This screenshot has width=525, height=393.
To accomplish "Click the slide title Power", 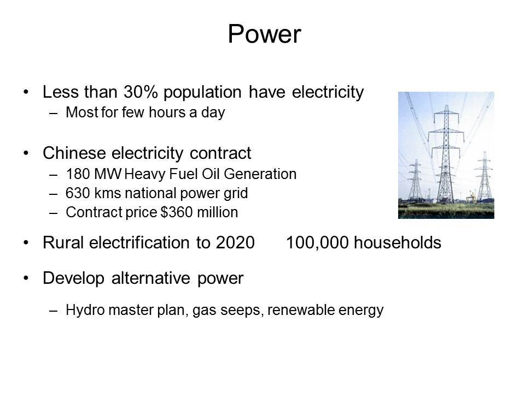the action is (x=265, y=34).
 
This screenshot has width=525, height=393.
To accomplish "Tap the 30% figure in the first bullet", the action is (x=141, y=92).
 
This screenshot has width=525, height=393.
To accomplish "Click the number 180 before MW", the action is (x=78, y=174).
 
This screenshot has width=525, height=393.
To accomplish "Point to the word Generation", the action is (x=260, y=174).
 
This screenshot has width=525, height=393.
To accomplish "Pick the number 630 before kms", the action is (x=78, y=193).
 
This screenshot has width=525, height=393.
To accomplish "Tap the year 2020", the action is (x=235, y=242).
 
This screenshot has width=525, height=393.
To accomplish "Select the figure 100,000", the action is (x=317, y=242).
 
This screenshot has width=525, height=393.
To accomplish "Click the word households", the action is (x=398, y=242).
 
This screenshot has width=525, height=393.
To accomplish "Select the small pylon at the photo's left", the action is (x=416, y=181).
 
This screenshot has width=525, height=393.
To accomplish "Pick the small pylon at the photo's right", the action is (x=484, y=176).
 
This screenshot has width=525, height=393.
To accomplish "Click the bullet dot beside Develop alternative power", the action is (x=26, y=278).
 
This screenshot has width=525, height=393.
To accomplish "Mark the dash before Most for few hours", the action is (x=53, y=113).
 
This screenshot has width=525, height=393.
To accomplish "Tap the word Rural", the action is (x=63, y=242).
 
